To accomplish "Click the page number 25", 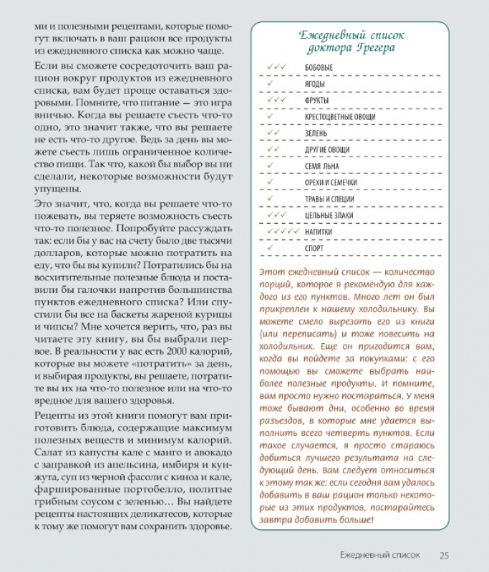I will click(x=444, y=554).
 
